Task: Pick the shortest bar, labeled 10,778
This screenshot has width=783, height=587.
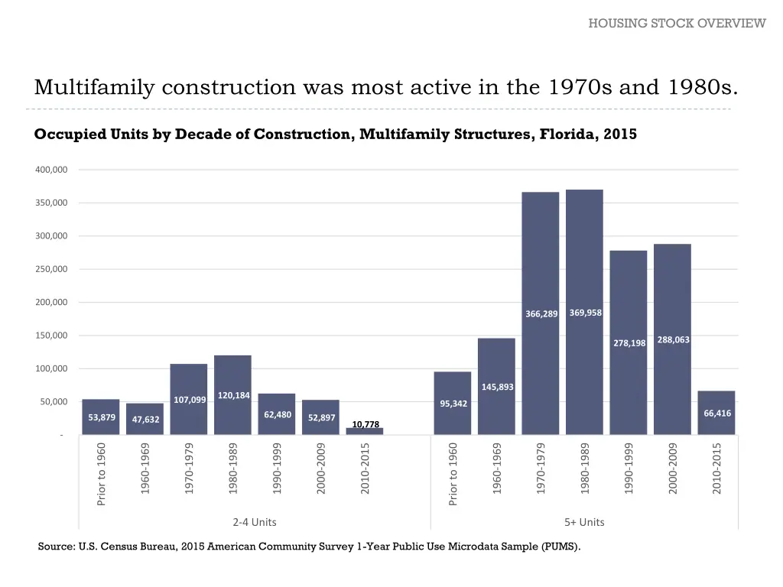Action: [x=365, y=431]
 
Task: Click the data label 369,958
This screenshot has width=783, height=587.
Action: [x=586, y=313]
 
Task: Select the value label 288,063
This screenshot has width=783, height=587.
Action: [x=674, y=340]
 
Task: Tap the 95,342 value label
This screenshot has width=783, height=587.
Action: [x=454, y=404]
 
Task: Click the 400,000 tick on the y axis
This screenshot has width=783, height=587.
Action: [x=50, y=170]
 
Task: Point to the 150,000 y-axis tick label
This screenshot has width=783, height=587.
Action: [x=50, y=336]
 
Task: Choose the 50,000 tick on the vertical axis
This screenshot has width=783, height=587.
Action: [x=53, y=402]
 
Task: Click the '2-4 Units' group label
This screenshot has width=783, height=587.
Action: [x=255, y=522]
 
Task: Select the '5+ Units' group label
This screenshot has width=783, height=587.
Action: [x=584, y=522]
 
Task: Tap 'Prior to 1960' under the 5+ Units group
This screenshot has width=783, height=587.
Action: [x=453, y=474]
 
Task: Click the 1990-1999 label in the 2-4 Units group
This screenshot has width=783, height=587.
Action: [x=278, y=468]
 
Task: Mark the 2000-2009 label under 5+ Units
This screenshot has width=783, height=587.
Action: [x=673, y=468]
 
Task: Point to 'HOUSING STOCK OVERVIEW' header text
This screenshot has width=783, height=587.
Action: [x=677, y=23]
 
